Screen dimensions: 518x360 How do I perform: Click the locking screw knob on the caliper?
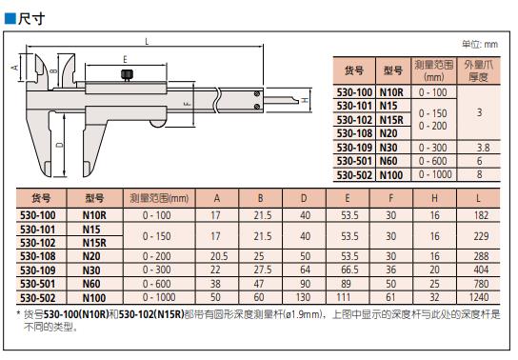(x=127, y=75)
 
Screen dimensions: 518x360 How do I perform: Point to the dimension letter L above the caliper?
(x=147, y=42)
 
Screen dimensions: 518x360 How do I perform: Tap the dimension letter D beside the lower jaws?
(x=60, y=145)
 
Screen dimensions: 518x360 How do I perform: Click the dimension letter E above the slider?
(x=125, y=59)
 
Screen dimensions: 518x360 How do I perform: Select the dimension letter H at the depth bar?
(x=306, y=99)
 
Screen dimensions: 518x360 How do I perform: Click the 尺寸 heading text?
(x=31, y=18)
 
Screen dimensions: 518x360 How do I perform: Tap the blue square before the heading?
(x=10, y=19)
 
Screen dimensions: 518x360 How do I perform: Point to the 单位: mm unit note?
(x=480, y=44)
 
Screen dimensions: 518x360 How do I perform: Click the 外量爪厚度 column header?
(x=478, y=70)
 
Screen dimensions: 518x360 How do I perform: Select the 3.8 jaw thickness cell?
(x=483, y=148)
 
